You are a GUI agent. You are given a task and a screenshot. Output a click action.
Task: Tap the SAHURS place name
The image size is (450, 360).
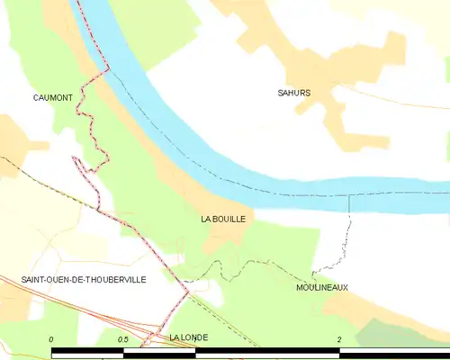point(294,93)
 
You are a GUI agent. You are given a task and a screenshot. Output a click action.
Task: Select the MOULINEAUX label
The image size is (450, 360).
point(322,288)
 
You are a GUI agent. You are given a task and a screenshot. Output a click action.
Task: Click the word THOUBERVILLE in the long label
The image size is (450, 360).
point(112,280)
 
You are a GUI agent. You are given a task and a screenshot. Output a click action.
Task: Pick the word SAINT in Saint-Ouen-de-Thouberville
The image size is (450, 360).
point(36,280)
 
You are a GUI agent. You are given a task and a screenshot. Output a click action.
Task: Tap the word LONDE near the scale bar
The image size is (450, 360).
point(194,337)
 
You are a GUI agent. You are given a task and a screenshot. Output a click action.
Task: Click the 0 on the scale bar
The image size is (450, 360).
point(51,339)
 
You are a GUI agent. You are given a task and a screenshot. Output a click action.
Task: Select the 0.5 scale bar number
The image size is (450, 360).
point(122,339)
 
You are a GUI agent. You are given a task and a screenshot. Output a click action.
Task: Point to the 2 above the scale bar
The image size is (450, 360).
point(339,339)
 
